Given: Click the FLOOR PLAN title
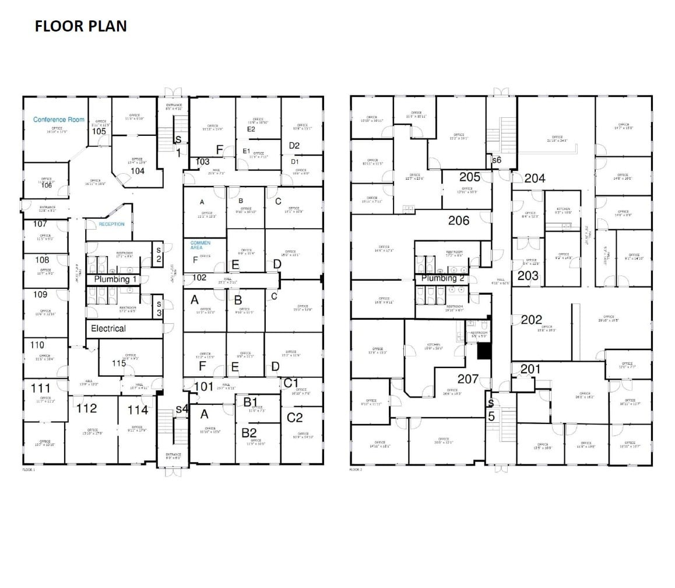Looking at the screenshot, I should (80, 26).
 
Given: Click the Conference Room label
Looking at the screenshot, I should (59, 120).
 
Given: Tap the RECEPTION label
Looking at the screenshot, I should (111, 224).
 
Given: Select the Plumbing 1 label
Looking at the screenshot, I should (115, 279).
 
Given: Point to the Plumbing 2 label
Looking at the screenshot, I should (442, 278).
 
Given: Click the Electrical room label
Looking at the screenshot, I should (108, 328).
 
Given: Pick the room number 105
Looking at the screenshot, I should (99, 132).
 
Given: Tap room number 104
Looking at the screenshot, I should (138, 171).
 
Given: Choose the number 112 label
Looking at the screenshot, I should (87, 408).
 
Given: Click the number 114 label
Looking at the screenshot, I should (138, 410).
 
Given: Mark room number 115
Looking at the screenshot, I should (119, 363).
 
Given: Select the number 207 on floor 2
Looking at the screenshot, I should (468, 379).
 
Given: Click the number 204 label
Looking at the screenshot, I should (535, 178).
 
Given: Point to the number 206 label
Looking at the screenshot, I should (459, 220).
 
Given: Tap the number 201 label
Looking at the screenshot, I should (530, 369).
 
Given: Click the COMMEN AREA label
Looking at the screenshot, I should (200, 245).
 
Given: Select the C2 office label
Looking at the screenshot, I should (295, 417).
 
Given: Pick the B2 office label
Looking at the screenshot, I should (249, 432).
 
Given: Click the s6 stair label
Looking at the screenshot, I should (497, 159).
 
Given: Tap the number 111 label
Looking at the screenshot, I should (41, 388).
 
